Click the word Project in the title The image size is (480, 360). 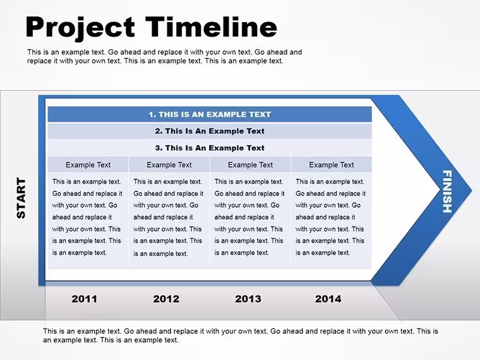point(80,28)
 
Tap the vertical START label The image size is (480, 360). point(21,198)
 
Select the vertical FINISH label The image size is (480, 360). point(447,191)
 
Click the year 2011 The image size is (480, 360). point(84,299)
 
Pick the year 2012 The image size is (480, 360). point(166,299)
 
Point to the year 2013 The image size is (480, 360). point(248,299)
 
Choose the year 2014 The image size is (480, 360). point(328,299)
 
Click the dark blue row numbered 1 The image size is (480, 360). point(210,114)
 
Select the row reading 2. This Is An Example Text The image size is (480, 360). point(210,131)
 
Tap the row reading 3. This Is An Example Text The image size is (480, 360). point(210,148)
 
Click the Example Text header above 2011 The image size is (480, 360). point(88,165)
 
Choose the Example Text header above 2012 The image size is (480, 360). point(169,165)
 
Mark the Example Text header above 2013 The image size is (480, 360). point(250,165)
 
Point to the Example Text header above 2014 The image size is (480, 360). point(332,165)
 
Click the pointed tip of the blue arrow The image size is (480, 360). point(471,190)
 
